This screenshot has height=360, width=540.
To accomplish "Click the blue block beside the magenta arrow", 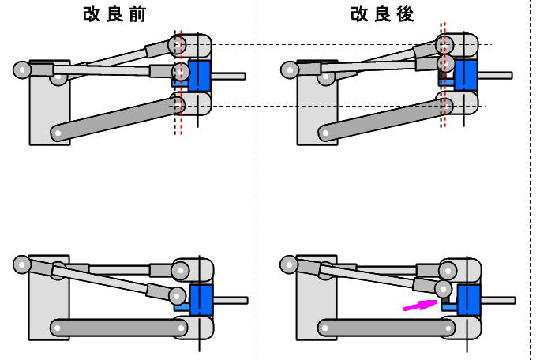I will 469,300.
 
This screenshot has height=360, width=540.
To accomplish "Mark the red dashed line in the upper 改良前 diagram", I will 181,126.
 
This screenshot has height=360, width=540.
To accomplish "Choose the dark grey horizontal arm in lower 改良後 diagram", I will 387,326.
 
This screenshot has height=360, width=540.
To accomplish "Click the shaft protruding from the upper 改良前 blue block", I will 230,76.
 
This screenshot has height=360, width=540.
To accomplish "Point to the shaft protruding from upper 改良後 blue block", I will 497,76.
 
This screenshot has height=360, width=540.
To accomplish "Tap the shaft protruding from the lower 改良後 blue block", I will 498,300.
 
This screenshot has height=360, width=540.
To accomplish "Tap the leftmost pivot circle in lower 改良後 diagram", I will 288,264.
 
